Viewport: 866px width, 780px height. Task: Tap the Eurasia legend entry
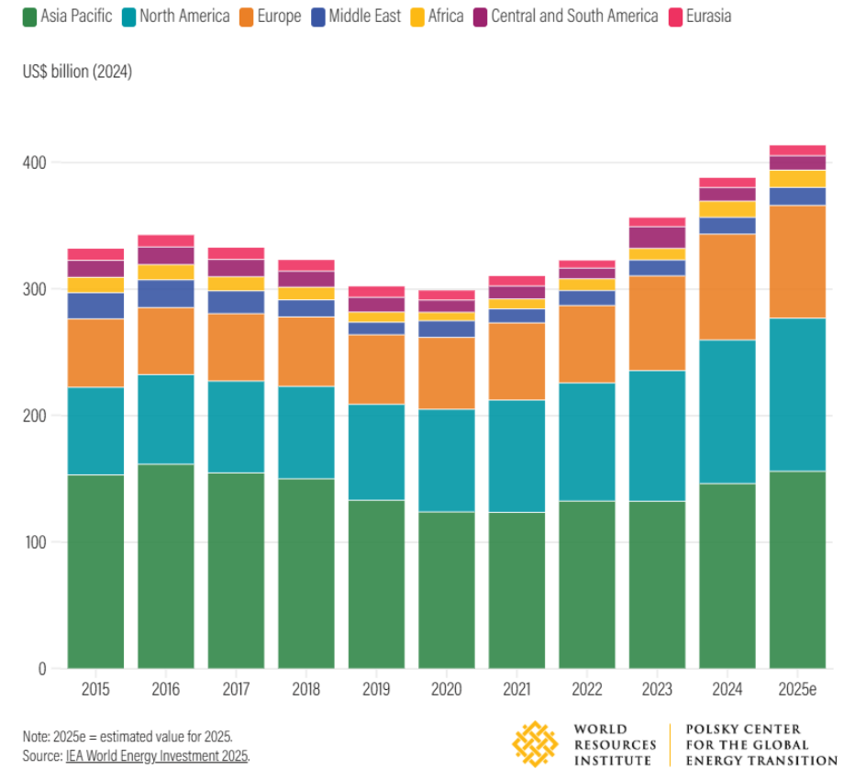(x=708, y=16)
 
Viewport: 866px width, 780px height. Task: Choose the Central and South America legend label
(x=574, y=16)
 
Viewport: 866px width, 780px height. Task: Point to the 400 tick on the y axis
(x=34, y=162)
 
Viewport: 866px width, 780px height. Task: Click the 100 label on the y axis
(x=34, y=542)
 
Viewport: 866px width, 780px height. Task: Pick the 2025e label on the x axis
(x=797, y=687)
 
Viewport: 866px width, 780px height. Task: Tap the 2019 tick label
(x=376, y=687)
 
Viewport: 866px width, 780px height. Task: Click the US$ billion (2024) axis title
(x=77, y=72)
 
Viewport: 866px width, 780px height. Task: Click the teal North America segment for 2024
(x=727, y=411)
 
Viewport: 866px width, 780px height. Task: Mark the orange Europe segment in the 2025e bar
(x=797, y=262)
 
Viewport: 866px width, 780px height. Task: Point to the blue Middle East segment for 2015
(x=95, y=306)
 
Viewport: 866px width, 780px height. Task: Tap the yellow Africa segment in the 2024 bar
(x=727, y=209)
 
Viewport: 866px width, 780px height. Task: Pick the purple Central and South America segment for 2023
(x=657, y=237)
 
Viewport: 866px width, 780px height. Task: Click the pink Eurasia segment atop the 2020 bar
(x=447, y=295)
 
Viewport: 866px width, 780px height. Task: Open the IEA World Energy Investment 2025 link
(x=157, y=756)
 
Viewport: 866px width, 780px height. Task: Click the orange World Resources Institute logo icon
(x=536, y=743)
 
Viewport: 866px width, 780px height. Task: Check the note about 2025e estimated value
(x=128, y=737)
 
